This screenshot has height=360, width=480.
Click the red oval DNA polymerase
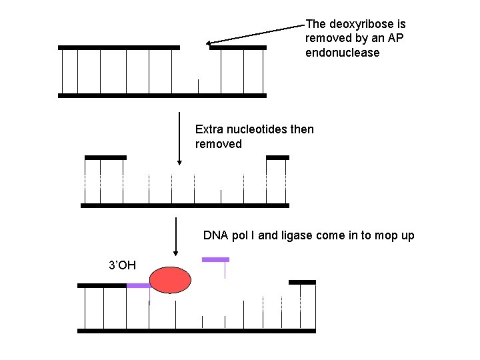170,280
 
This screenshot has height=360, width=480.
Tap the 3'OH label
122,265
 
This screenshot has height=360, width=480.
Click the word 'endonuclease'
342,53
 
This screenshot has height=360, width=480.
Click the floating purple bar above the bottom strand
215,259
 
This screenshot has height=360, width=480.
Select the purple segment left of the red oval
138,285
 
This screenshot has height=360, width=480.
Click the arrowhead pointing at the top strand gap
209,43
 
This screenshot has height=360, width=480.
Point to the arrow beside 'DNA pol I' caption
175,237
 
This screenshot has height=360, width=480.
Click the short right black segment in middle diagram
277,157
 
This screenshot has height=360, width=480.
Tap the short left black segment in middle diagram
105,157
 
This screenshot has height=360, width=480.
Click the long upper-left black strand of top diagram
119,47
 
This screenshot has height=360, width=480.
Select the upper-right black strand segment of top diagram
237,47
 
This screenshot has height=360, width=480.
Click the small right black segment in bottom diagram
302,282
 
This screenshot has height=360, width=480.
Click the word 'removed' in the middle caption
219,144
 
